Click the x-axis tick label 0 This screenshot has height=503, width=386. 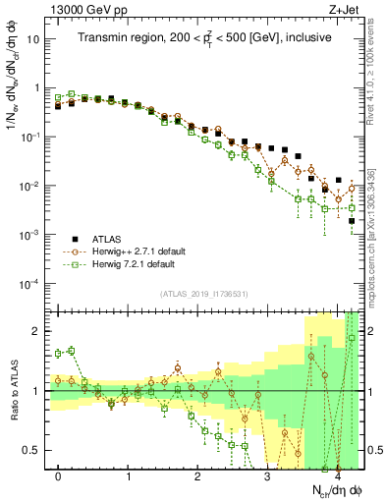click(59, 475)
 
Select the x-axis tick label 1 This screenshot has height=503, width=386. click(129, 475)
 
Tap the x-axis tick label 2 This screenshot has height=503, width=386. click(197, 475)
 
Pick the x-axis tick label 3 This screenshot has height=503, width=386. click(267, 475)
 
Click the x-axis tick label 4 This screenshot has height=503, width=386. click(337, 475)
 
